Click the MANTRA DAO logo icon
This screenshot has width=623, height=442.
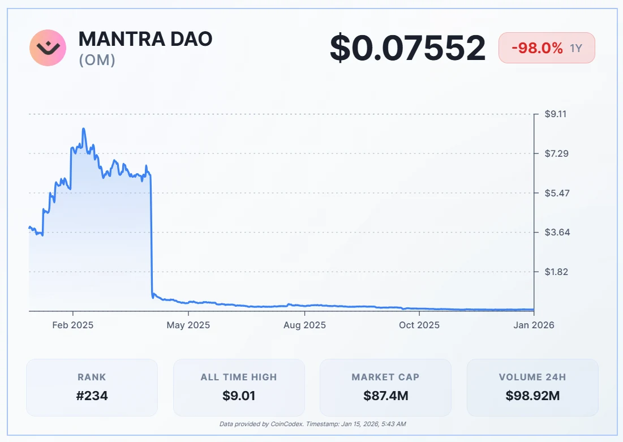48,48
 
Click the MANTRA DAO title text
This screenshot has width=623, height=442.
145,39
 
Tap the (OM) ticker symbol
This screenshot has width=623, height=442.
97,59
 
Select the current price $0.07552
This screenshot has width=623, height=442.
407,48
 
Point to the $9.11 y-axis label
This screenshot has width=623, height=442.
556,114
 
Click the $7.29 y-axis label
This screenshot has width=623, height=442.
556,153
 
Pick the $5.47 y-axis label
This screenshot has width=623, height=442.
556,193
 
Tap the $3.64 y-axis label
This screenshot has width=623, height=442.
556,232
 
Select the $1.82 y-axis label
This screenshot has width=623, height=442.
556,272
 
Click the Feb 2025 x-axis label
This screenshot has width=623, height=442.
73,325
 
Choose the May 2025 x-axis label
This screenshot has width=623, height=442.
189,325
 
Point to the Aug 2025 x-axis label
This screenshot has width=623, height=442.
304,325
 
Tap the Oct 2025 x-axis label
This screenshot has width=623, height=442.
419,325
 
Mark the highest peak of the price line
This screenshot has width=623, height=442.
84,129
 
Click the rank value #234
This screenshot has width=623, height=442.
92,396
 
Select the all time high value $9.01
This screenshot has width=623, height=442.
239,396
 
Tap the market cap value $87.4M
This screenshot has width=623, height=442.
385,396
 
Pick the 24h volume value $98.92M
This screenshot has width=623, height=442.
532,396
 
